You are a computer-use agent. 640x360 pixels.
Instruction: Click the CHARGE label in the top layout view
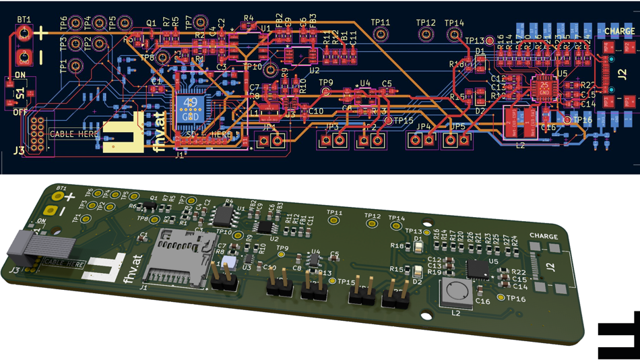coord(619,31)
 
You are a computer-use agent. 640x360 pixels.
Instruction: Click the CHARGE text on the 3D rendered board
coord(544,237)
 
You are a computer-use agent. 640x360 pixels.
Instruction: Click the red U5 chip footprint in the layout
coord(543,87)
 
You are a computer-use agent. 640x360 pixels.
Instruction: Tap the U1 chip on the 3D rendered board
coord(223,216)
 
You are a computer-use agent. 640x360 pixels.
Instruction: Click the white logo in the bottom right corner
coord(618,336)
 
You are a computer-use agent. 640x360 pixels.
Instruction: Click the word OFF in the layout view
coord(20,112)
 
